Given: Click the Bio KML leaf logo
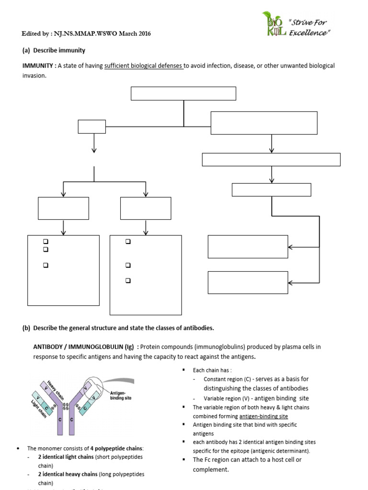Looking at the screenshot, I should coord(275,23).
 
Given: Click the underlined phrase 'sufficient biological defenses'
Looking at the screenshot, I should coord(144,66).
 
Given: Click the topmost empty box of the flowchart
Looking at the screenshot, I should coord(183,93).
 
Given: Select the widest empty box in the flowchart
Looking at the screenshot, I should coord(271,159).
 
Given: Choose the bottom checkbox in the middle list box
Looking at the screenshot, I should coord(128,281).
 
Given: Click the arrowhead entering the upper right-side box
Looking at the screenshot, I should coord(291,247).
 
